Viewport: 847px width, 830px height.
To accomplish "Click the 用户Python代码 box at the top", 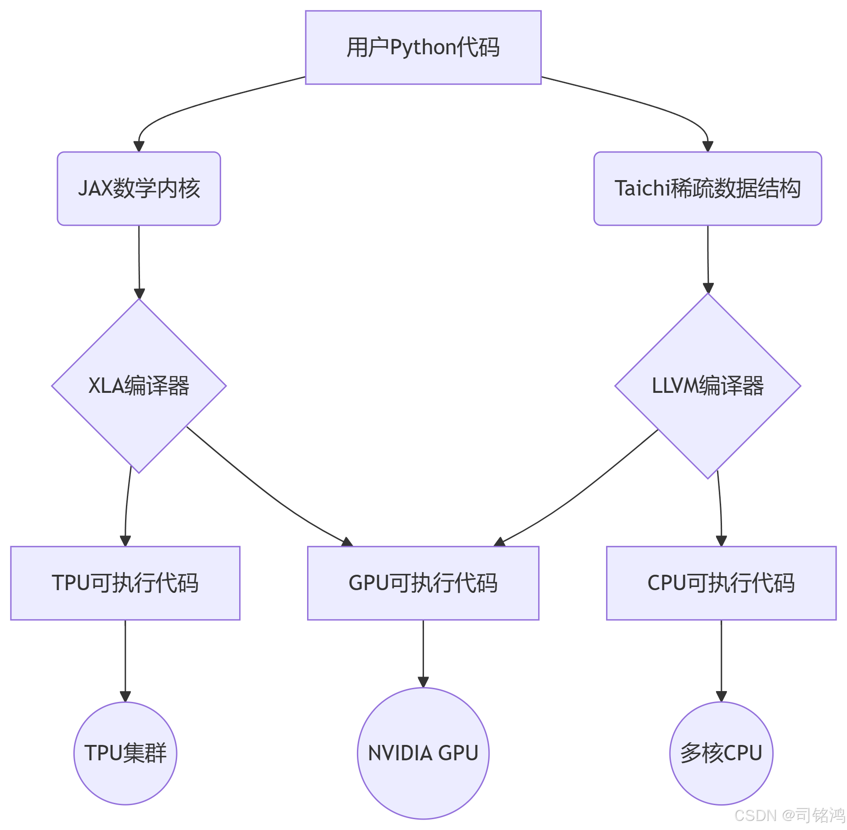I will [x=423, y=47].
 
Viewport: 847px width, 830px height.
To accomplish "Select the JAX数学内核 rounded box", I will [x=139, y=188].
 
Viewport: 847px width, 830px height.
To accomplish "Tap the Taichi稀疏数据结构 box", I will [x=707, y=188].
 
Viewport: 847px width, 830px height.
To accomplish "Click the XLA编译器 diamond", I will [x=139, y=386].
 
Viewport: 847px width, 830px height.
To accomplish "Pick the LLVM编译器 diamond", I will [x=707, y=386].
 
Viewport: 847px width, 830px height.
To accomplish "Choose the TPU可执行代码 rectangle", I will [x=125, y=583].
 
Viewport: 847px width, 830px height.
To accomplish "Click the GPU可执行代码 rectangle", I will [x=423, y=583].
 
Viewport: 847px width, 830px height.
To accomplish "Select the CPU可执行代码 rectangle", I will [x=721, y=583].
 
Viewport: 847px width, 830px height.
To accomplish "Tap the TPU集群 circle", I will [x=125, y=753].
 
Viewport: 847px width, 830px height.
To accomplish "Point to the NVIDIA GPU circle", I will [x=423, y=753].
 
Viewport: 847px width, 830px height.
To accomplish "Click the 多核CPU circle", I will [x=721, y=753].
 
